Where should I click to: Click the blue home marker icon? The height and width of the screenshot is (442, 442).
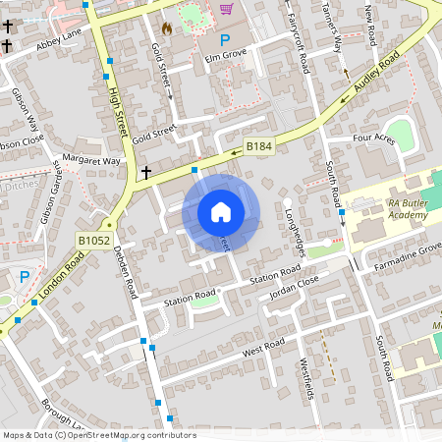(x=221, y=211)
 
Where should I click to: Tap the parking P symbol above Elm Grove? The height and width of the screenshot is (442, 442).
(x=225, y=40)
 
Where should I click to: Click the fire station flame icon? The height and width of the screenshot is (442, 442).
(x=167, y=28)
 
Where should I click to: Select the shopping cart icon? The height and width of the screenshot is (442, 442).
(x=227, y=9)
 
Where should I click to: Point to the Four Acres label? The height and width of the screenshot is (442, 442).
(x=373, y=138)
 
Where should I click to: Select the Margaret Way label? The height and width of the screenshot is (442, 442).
(x=90, y=160)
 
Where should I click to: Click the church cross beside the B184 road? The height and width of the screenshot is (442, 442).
(x=146, y=173)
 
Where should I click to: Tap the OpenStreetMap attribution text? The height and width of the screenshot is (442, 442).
(x=99, y=435)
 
